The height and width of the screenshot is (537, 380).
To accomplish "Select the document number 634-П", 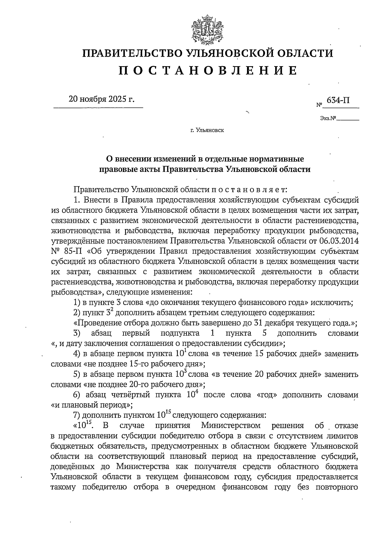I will tap(338, 100).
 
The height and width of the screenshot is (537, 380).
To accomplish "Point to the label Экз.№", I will tap(328, 119).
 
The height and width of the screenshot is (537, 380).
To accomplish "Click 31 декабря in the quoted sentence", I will tap(273, 323).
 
